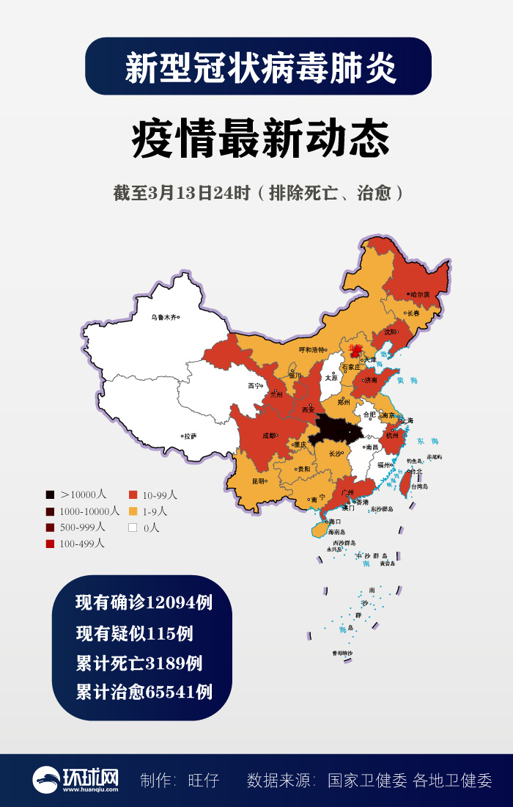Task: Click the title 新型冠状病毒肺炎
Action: pos(258,67)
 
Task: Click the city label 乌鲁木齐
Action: pos(164,318)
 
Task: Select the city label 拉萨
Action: pos(191,436)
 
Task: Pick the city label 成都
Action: pos(269,435)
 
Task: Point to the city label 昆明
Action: pos(259,481)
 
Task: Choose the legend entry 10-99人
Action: pos(153,495)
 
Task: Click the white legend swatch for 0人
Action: pos(133,527)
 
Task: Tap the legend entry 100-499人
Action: pos(77,544)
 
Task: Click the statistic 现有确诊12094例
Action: pos(144,603)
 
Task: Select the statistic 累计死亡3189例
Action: pos(139,663)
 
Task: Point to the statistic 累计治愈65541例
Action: pos(144,692)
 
